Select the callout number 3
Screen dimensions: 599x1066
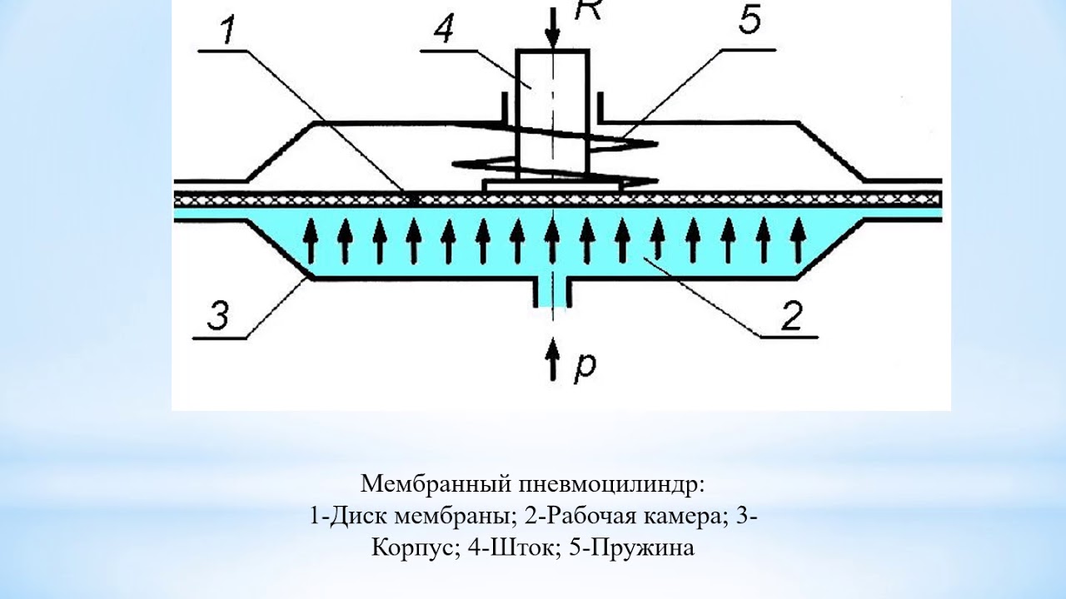(217, 317)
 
